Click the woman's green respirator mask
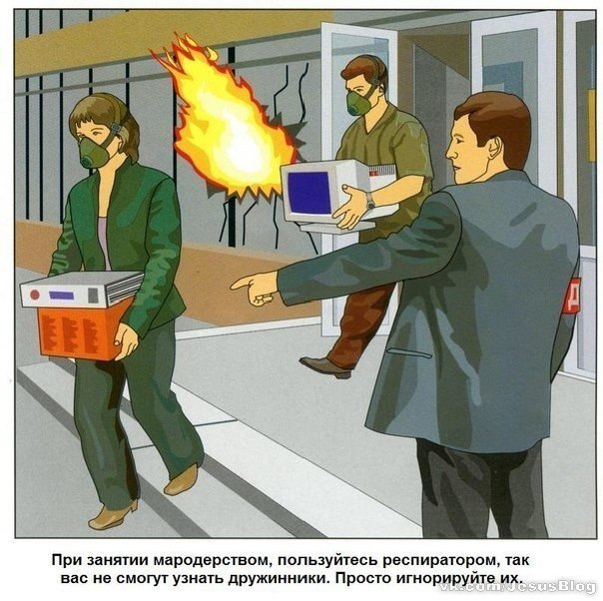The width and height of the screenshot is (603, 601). click(x=94, y=152)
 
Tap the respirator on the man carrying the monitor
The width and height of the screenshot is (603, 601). click(x=358, y=103)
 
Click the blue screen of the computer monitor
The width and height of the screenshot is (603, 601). click(x=309, y=193)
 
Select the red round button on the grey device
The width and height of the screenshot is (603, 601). click(x=35, y=295)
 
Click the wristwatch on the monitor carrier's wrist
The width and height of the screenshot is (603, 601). click(x=370, y=201)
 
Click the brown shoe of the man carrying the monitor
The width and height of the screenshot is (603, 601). click(x=325, y=366)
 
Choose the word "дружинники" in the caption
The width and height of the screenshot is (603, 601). click(x=276, y=578)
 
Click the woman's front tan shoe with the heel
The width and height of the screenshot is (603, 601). click(x=113, y=515)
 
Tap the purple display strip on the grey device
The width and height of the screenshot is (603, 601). click(x=62, y=296)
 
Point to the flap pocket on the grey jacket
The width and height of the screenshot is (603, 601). click(x=409, y=353)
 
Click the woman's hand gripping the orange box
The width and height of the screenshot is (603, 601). click(x=126, y=341)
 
